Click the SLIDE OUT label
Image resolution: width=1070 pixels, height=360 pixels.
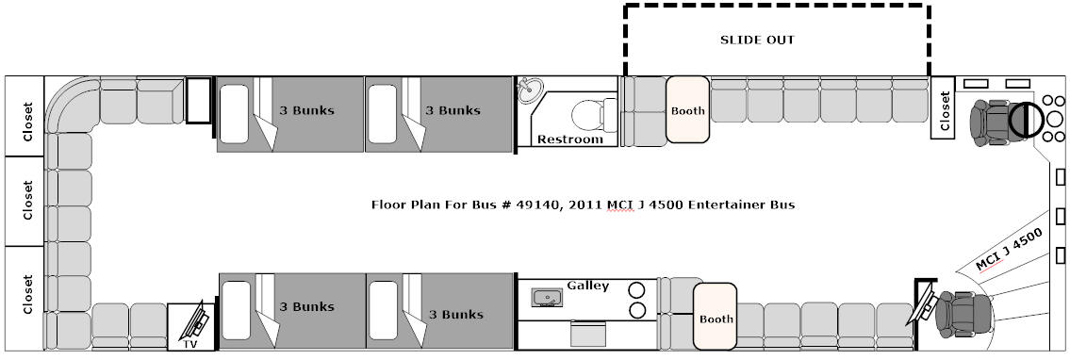coord(757,40)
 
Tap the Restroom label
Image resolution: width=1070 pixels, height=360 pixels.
coord(570,139)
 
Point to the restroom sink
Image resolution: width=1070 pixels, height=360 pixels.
coord(530,90)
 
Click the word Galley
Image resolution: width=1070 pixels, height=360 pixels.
coord(587,286)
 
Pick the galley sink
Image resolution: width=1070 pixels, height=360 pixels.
coord(547,297)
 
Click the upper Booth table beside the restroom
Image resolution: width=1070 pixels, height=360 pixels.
coord(687,109)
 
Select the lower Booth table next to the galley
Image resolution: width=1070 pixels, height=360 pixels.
coord(716,318)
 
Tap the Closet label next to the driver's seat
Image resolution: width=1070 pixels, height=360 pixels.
coord(945,111)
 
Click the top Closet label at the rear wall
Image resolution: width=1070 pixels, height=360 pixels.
coord(27,122)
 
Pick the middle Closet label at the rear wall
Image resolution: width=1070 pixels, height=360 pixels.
coord(27,201)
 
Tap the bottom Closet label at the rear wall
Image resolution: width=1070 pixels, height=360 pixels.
coord(27,295)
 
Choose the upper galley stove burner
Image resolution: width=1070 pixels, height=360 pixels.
coord(636,289)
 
